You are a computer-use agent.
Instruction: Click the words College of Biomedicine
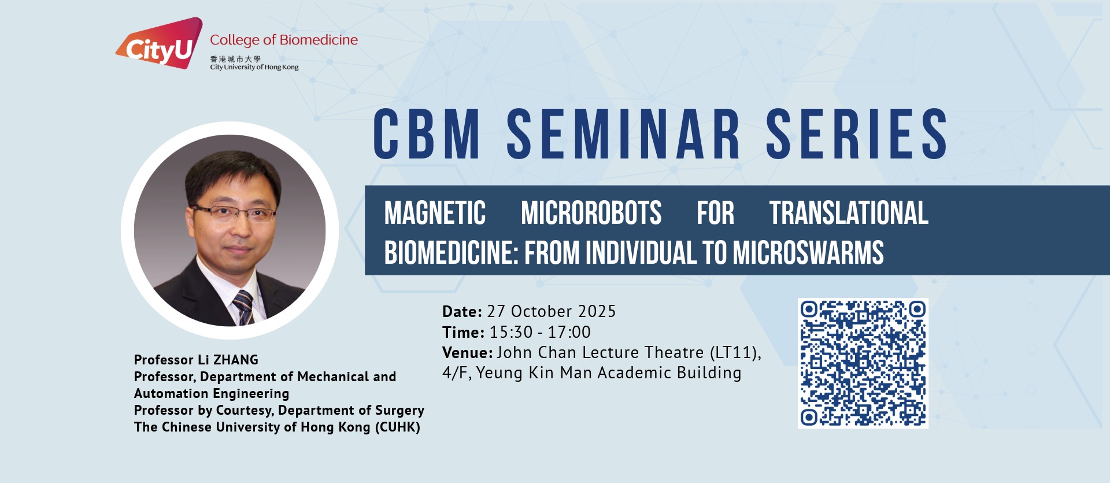(x=284, y=40)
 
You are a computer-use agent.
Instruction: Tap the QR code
(x=863, y=363)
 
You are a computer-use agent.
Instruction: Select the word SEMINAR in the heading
(x=623, y=134)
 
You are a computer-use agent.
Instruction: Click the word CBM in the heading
(x=427, y=134)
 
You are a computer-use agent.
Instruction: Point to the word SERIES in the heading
(x=857, y=134)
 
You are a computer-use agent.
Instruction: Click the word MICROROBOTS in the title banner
(x=591, y=213)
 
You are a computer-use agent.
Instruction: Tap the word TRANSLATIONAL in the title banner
(x=849, y=213)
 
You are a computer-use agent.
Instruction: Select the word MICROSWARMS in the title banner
(x=808, y=253)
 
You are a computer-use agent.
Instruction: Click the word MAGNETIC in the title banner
(x=435, y=213)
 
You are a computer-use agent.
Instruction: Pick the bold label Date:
(x=462, y=312)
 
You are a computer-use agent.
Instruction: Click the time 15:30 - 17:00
(x=540, y=332)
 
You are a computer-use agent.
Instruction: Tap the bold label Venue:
(x=467, y=352)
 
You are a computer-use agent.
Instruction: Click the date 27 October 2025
(x=552, y=312)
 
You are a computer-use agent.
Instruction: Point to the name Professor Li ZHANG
(x=196, y=360)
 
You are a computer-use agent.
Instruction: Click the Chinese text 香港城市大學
(x=235, y=59)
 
